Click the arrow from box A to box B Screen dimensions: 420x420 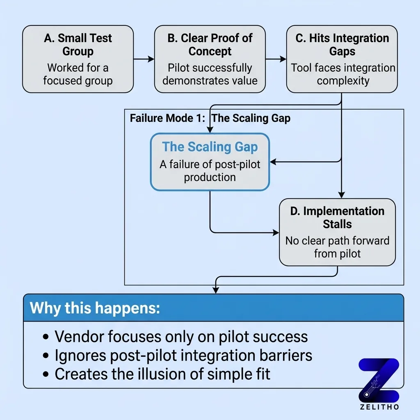pos(144,59)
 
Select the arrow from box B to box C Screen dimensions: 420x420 pos(276,59)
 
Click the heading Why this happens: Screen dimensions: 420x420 pos(95,308)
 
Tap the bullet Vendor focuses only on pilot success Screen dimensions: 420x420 pos(181,336)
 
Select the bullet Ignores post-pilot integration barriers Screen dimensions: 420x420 pos(183,355)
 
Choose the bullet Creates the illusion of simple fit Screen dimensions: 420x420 pos(162,374)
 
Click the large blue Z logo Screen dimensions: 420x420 pos(378,380)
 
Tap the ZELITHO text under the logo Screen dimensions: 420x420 pos(378,407)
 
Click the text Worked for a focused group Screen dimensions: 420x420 pos(78,74)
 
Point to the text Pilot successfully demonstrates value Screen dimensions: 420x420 pos(210,74)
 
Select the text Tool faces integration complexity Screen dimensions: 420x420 pos(343,74)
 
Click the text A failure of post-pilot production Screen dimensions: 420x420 pos(210,171)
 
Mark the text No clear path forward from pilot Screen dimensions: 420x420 pos(337,247)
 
